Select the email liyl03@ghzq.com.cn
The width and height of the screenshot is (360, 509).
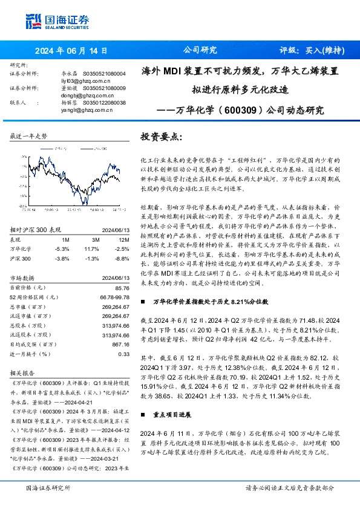coord(86,80)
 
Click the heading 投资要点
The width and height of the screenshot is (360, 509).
coord(160,137)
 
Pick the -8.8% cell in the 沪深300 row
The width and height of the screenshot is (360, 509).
coord(122,258)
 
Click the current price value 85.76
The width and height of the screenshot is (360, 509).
coord(122,288)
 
